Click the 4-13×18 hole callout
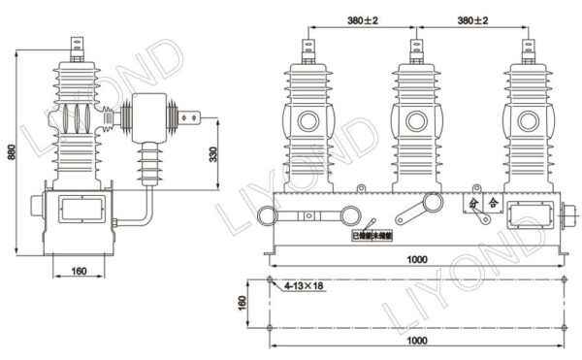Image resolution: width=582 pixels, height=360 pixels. pos(303,287)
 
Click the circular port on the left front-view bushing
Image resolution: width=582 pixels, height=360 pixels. pos(308,122)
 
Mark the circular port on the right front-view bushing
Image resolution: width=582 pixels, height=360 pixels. pos(527,122)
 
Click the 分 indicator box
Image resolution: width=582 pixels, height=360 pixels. pos(473,204)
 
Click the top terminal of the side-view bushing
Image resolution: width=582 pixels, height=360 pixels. pos(77,44)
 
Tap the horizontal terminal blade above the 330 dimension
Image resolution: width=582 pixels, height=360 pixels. pos(197,121)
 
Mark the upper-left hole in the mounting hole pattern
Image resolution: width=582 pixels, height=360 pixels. pos(271,281)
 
